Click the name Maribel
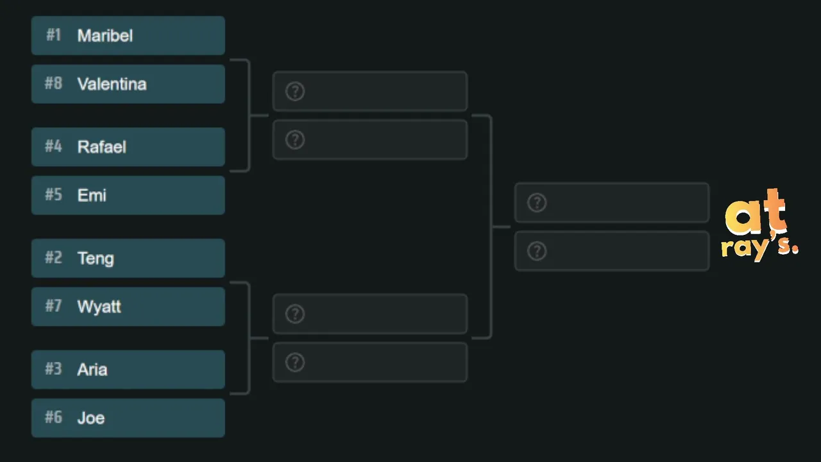pos(105,35)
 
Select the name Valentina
pos(112,84)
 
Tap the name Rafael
pos(101,147)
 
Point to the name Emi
pos(92,195)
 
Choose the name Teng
pos(96,259)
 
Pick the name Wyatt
pos(99,307)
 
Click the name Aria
pos(92,369)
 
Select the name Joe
pos(91,418)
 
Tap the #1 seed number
pos(53,35)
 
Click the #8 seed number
pos(53,83)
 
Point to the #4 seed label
pos(53,146)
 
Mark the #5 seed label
pos(53,194)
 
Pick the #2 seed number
pos(53,258)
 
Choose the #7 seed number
pos(53,306)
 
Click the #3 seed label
pos(53,369)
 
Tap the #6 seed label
pos(53,417)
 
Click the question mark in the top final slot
pos(537,203)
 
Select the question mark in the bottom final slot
pos(537,251)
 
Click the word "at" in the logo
pos(756,212)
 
